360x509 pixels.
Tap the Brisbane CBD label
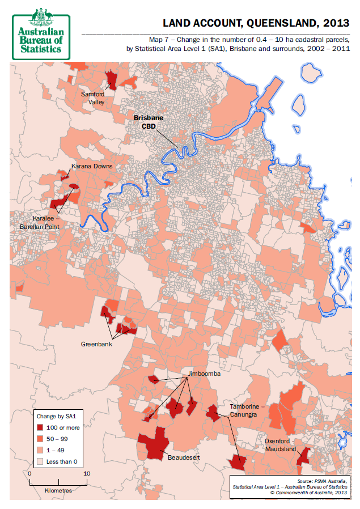148,122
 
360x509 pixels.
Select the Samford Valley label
92,98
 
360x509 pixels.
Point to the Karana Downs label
92,166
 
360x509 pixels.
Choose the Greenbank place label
96,344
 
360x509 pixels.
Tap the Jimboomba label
205,375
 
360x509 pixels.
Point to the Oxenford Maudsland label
281,445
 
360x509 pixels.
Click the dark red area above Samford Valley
112,80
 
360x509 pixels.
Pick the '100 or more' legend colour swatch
41,427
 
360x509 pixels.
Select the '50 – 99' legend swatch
41,439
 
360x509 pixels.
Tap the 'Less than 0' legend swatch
41,461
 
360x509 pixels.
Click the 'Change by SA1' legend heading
55,415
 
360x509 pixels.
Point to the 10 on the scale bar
87,473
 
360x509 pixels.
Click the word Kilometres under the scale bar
58,490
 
